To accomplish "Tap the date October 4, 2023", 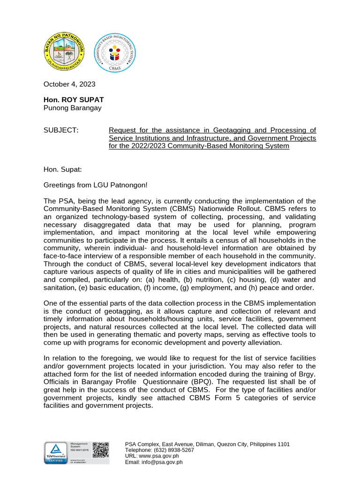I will click(69, 84).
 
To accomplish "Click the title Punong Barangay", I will click(72, 108).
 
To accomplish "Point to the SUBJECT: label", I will click(61, 130).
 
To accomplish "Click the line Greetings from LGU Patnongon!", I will click(95, 185).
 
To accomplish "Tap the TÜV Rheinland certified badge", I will click(56, 453).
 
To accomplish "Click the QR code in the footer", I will click(100, 450).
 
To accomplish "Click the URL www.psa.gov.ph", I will click(159, 456).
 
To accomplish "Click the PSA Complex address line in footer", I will click(207, 444).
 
